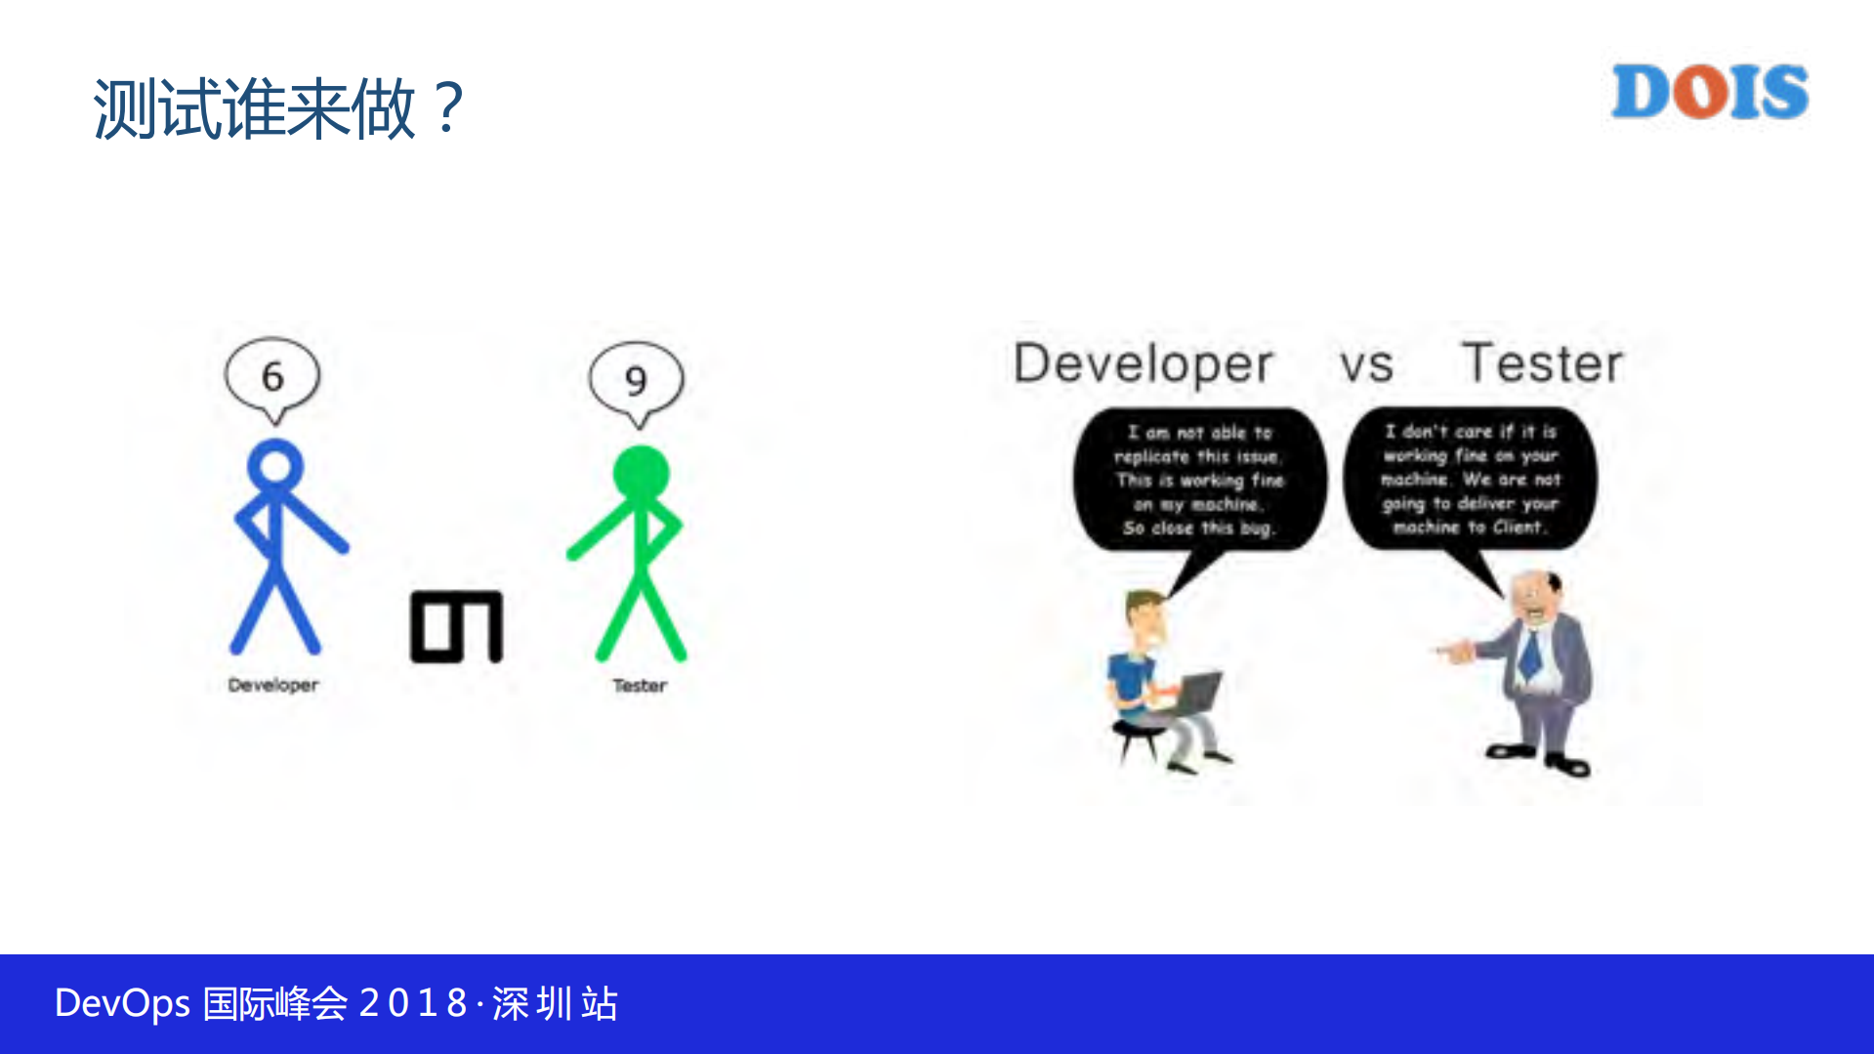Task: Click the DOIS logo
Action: (1709, 92)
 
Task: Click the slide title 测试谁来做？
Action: (278, 108)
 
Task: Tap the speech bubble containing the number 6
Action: (272, 376)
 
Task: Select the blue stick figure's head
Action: (275, 466)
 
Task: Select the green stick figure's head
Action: (641, 475)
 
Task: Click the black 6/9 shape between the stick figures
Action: (456, 626)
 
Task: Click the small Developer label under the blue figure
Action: (273, 685)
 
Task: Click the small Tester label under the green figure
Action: (640, 686)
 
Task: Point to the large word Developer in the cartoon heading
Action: (1143, 364)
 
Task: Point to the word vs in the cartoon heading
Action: (1365, 365)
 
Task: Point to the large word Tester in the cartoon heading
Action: (1541, 363)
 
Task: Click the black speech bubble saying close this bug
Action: (1199, 480)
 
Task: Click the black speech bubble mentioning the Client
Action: (1470, 479)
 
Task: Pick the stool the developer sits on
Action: (1138, 738)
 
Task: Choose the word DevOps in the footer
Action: (122, 1003)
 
